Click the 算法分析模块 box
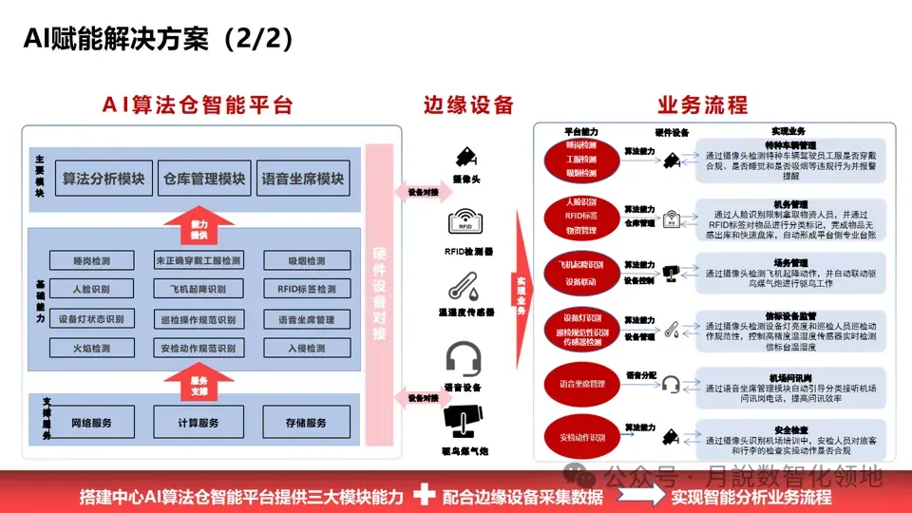point(103,179)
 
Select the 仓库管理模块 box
point(205,179)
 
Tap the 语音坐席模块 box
point(304,179)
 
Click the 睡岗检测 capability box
point(91,260)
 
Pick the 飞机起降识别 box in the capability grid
point(199,289)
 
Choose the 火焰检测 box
point(91,349)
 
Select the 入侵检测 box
point(307,349)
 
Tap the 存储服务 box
point(307,423)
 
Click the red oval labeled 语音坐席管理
point(583,385)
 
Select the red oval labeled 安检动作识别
point(583,437)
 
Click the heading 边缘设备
point(468,104)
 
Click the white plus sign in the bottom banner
point(425,494)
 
